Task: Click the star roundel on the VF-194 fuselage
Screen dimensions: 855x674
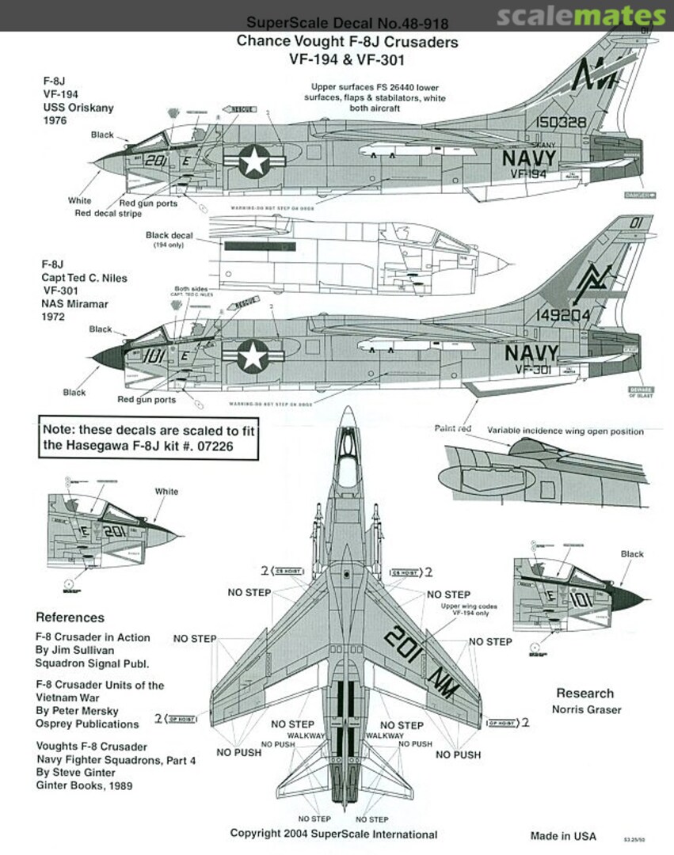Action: (x=254, y=163)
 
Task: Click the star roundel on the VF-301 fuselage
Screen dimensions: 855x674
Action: (x=253, y=357)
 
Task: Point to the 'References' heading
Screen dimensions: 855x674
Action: (x=70, y=617)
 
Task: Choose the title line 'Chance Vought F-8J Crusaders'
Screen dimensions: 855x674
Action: (x=347, y=42)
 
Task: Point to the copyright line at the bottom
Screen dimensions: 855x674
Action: (x=333, y=834)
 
